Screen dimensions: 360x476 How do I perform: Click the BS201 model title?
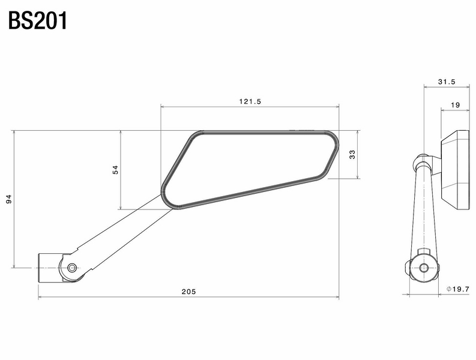pos(38,20)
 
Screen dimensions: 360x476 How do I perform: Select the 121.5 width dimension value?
pos(250,101)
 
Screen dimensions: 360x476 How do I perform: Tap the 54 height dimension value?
pos(115,170)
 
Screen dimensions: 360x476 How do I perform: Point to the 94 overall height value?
pos(9,199)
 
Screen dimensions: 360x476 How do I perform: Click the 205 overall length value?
pos(188,292)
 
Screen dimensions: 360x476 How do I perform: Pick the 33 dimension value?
pos(353,154)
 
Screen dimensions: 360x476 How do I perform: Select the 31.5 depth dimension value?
pos(447,82)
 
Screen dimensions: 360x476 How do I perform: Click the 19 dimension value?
pos(455,105)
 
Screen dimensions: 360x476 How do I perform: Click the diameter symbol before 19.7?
pos(449,289)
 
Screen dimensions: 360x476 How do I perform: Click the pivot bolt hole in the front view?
pos(72,267)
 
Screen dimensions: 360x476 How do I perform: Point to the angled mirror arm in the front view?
pos(120,231)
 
